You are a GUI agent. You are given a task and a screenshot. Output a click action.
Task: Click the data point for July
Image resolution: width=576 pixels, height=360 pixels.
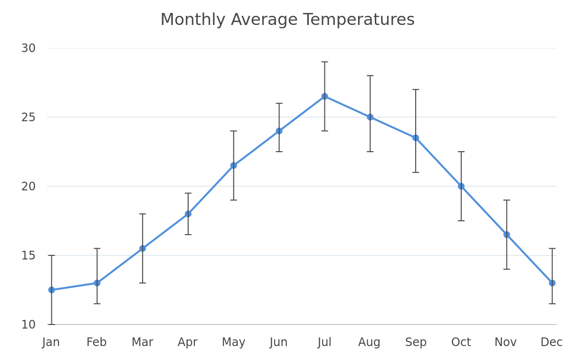click(324, 96)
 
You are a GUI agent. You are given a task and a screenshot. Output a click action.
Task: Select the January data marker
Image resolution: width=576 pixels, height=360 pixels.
click(51, 290)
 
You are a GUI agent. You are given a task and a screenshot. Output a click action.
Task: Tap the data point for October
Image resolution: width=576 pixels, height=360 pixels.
click(461, 186)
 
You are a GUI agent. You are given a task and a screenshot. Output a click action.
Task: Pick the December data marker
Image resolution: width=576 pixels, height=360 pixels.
click(552, 283)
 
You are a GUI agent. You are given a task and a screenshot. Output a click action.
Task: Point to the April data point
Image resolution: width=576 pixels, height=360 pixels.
click(188, 214)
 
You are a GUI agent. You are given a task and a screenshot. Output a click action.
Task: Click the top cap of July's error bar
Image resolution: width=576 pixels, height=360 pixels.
click(324, 62)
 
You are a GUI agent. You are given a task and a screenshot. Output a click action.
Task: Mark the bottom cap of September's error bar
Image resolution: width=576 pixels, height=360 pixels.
click(416, 172)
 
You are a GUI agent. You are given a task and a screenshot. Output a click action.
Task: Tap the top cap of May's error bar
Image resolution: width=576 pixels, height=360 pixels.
click(233, 131)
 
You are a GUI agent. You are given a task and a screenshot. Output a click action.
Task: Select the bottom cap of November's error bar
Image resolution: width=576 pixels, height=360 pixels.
click(506, 269)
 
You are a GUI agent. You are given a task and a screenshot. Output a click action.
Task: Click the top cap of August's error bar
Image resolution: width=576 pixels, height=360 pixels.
click(370, 76)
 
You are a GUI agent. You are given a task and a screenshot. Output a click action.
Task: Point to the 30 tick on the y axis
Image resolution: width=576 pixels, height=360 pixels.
click(28, 48)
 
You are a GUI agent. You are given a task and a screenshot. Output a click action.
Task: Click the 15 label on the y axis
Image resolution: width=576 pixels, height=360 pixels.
click(28, 255)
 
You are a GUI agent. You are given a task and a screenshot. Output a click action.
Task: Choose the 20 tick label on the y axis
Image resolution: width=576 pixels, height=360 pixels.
click(28, 186)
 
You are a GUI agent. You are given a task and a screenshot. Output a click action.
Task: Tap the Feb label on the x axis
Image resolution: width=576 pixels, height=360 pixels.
click(96, 342)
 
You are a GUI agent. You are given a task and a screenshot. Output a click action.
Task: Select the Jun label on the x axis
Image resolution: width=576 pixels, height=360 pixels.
click(278, 343)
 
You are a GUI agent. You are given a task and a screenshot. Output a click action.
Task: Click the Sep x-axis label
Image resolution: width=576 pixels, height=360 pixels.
click(416, 343)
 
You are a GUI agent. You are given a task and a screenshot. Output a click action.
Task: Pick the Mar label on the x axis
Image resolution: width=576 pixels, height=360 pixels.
click(143, 342)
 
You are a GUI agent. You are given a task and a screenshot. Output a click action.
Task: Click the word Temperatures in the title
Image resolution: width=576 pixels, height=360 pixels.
click(359, 20)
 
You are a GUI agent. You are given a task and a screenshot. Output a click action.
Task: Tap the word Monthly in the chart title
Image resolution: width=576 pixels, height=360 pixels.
click(193, 20)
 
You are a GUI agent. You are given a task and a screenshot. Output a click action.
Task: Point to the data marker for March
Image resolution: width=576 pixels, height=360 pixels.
click(143, 249)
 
